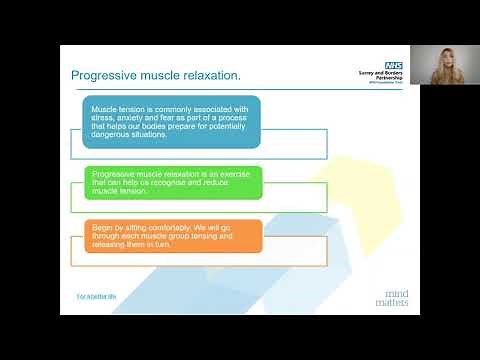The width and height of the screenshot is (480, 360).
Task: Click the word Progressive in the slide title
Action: tap(101, 76)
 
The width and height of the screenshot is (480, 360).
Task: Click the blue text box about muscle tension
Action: tap(170, 123)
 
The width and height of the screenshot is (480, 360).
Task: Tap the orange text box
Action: tap(172, 235)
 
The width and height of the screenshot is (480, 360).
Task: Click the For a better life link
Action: tap(97, 297)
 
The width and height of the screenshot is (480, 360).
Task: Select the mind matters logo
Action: tap(389, 295)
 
